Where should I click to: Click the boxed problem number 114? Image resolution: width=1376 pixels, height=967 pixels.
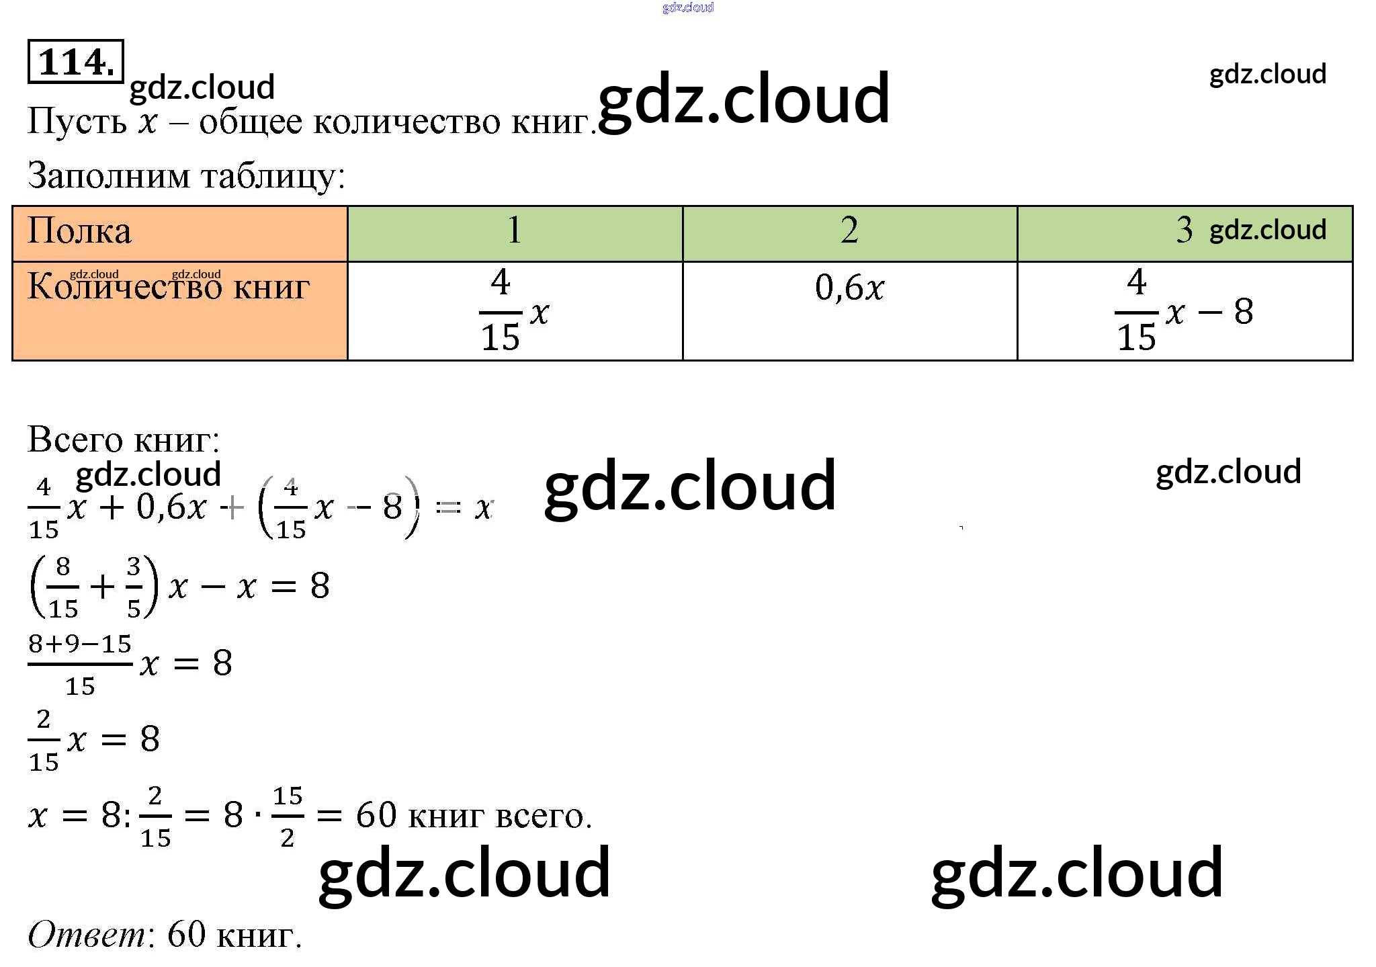tap(75, 62)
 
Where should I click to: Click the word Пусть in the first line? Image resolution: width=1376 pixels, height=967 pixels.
tap(77, 122)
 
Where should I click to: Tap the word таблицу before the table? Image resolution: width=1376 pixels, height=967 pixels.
tap(272, 176)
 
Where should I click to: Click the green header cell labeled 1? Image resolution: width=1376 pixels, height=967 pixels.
tap(514, 232)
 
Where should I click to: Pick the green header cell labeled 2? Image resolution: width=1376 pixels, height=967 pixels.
tap(849, 232)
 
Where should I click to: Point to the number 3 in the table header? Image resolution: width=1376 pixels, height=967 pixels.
tap(1184, 230)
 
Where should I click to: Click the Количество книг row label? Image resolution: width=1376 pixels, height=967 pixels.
tap(168, 288)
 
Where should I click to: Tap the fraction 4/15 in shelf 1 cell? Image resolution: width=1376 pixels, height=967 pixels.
tap(500, 310)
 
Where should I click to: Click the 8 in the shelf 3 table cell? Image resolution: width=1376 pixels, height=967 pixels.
tap(1244, 312)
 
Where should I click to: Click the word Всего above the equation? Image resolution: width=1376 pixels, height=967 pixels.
tap(75, 440)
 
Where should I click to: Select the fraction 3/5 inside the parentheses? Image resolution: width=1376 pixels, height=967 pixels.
tap(134, 587)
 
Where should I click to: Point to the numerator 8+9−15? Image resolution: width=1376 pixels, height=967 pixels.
tap(79, 644)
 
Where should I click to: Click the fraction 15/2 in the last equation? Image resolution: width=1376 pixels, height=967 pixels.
tap(288, 816)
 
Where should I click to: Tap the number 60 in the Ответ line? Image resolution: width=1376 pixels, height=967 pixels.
tap(186, 935)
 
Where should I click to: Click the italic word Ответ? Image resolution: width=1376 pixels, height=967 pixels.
tap(87, 935)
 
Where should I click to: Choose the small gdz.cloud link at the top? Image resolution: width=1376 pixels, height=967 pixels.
tap(687, 7)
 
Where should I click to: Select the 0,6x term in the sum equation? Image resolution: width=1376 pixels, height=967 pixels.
tap(171, 507)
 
